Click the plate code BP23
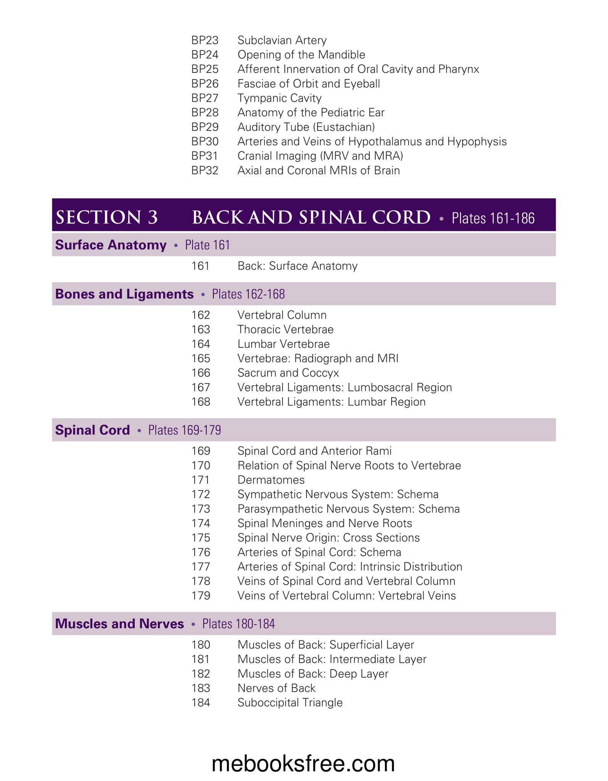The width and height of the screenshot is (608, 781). [x=205, y=40]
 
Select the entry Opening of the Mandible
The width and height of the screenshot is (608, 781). [x=301, y=55]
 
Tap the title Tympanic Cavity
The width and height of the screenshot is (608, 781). [x=279, y=98]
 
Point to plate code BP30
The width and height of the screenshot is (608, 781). [x=205, y=141]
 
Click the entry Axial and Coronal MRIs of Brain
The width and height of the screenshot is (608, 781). [x=318, y=170]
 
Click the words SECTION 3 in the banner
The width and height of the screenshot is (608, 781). [x=106, y=217]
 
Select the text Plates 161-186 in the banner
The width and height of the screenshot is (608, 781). [x=493, y=218]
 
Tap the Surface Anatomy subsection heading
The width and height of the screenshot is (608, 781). [x=111, y=245]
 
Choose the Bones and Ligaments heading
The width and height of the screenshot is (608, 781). [x=124, y=294]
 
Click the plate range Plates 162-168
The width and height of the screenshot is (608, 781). [x=248, y=294]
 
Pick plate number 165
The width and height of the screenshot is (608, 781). [x=201, y=358]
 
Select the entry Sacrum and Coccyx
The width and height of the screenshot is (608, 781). [x=288, y=373]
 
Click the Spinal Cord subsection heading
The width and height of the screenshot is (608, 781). [x=92, y=430]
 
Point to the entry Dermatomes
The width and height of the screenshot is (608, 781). [x=271, y=480]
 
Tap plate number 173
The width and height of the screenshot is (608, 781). [x=201, y=509]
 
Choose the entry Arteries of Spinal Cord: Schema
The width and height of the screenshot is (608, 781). [x=319, y=552]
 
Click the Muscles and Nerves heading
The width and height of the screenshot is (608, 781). [x=119, y=624]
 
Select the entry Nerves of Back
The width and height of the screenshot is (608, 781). [x=276, y=688]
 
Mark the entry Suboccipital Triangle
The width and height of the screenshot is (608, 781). [x=290, y=702]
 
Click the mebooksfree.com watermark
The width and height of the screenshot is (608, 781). [x=303, y=763]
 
